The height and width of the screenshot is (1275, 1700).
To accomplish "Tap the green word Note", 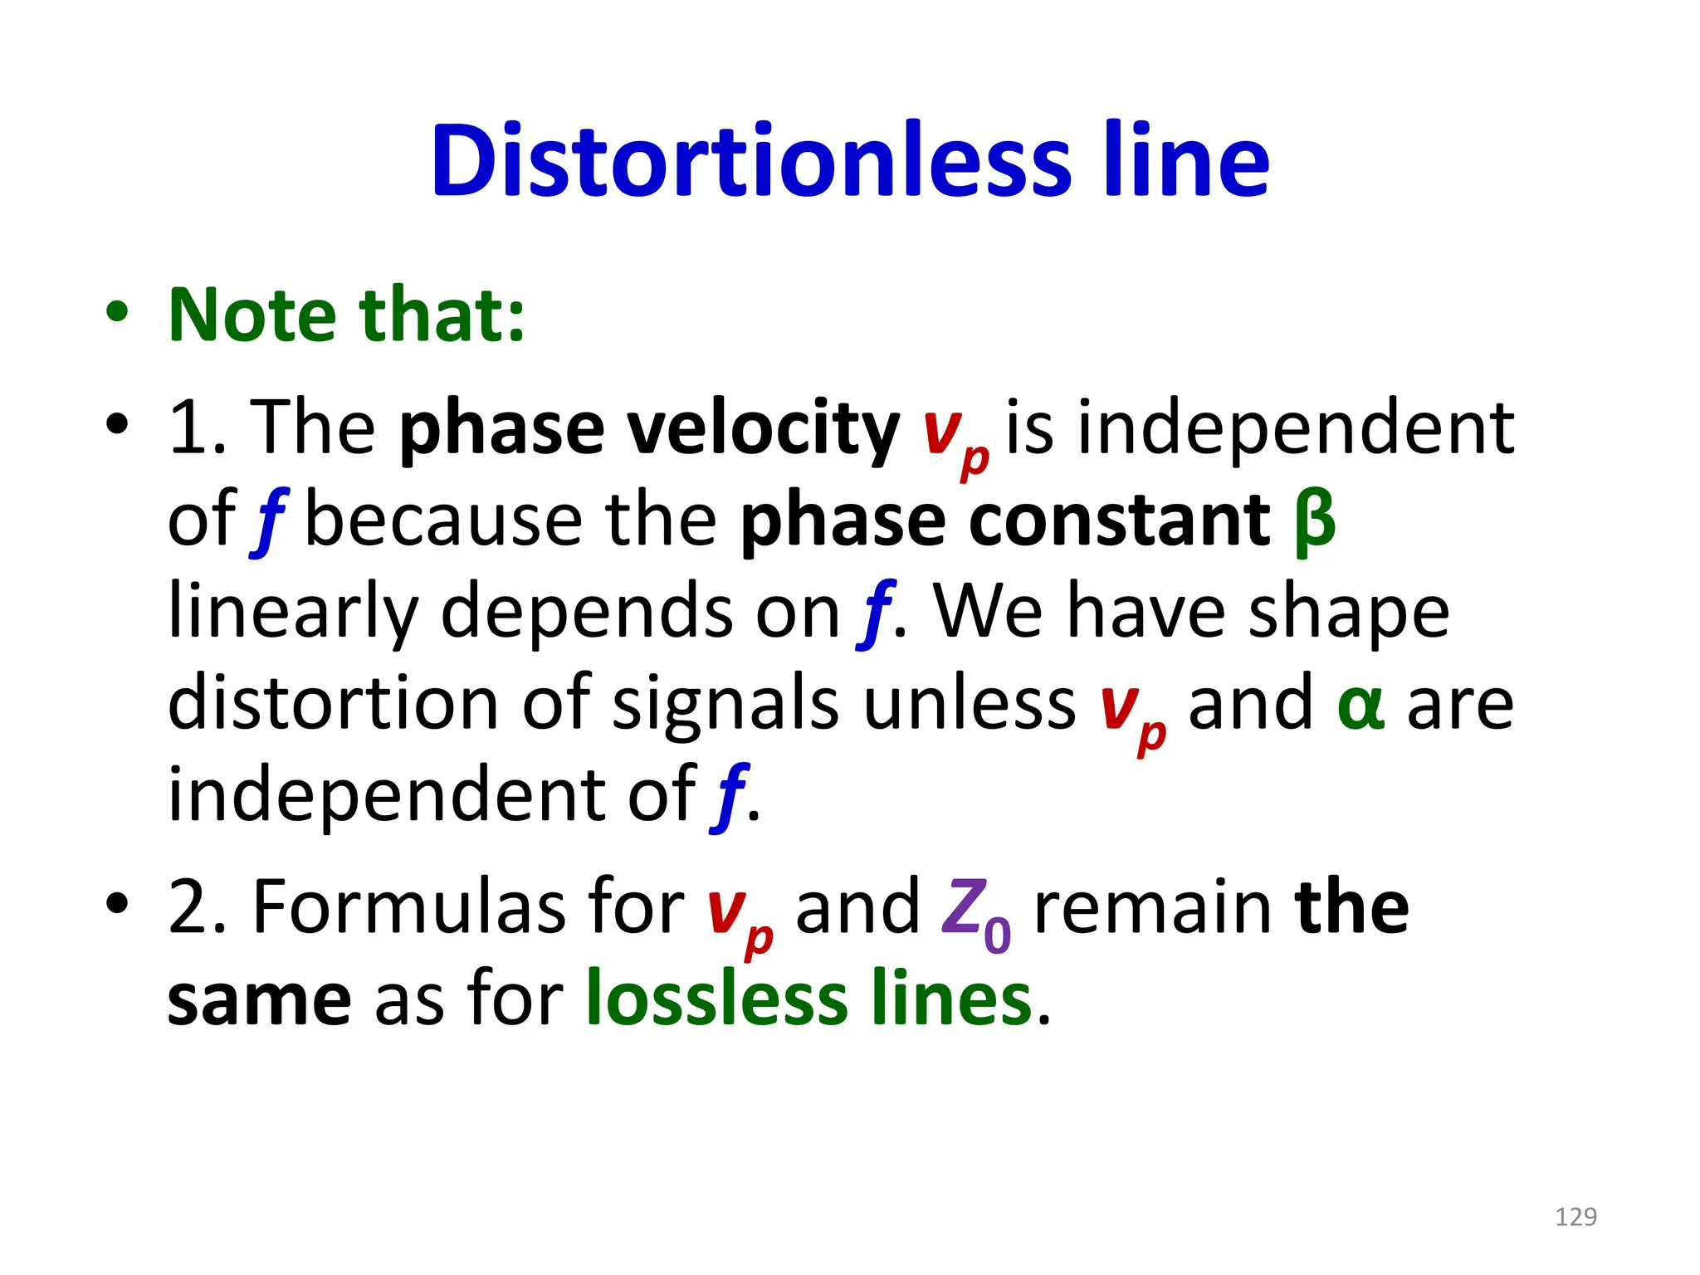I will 252,315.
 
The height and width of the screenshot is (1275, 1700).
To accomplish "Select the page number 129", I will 1575,1217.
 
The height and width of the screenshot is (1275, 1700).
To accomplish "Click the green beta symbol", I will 1314,521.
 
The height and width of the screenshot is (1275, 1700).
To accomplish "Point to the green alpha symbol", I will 1360,705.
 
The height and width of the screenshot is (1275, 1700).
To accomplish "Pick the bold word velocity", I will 763,429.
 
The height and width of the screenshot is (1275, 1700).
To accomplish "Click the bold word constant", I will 1119,521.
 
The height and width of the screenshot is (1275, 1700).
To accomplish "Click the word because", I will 443,521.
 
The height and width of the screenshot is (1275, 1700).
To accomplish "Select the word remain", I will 1152,907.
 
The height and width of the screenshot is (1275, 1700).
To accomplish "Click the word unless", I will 969,705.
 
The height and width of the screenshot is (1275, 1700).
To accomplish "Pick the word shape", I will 1349,613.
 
